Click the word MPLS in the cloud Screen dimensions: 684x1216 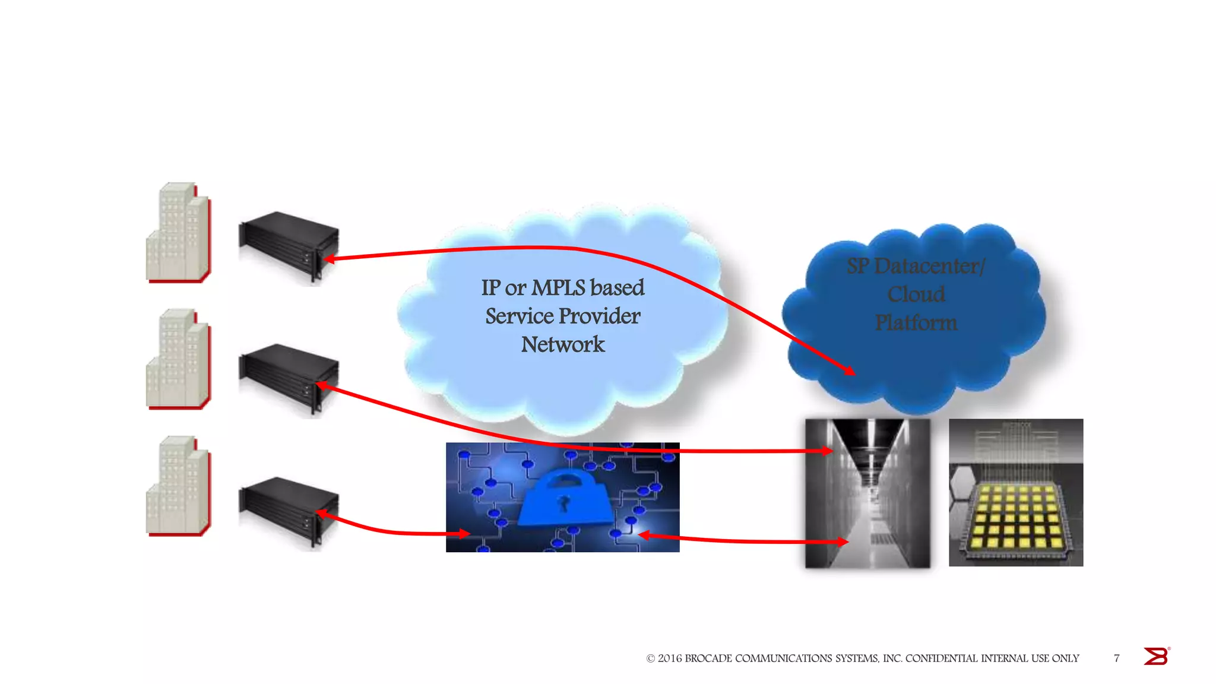[x=558, y=288]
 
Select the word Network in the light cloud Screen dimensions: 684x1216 [x=563, y=344]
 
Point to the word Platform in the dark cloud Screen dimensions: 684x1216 [x=916, y=323]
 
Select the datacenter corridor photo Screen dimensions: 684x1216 [x=867, y=493]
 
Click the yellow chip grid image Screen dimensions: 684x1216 [x=1016, y=493]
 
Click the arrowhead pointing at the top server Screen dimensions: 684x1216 [x=330, y=259]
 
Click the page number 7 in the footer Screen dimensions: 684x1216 [x=1117, y=658]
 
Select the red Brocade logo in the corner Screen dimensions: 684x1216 [x=1156, y=656]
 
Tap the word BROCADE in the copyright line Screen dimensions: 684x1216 [x=708, y=658]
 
